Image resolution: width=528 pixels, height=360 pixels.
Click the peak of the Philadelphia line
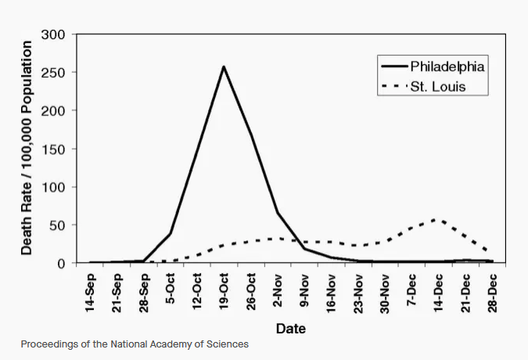point(224,67)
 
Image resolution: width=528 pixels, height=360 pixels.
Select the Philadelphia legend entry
point(433,67)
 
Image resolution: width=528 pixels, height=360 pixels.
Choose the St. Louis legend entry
point(424,87)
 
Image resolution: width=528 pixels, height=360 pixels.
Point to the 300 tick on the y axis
point(53,34)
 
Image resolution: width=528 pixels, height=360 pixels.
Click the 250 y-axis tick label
point(53,73)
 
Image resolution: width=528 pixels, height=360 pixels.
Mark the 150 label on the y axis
point(53,149)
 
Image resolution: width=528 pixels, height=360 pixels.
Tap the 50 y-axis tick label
point(57,225)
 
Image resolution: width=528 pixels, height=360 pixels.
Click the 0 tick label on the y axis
point(61,264)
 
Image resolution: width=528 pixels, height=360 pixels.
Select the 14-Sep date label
point(90,293)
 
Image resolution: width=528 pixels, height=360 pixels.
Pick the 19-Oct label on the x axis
point(224,291)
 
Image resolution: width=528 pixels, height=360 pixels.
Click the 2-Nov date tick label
point(277,290)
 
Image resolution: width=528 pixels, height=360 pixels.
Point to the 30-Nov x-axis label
point(384,293)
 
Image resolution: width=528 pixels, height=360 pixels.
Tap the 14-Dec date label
point(438,293)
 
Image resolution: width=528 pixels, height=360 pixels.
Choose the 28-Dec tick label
point(492,293)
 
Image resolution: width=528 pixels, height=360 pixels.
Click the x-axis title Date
point(291,329)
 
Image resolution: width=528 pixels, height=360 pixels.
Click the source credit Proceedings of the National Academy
point(135,344)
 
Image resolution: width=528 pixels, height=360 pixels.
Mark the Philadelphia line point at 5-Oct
point(171,233)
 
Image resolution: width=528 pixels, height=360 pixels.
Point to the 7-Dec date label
point(411,290)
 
